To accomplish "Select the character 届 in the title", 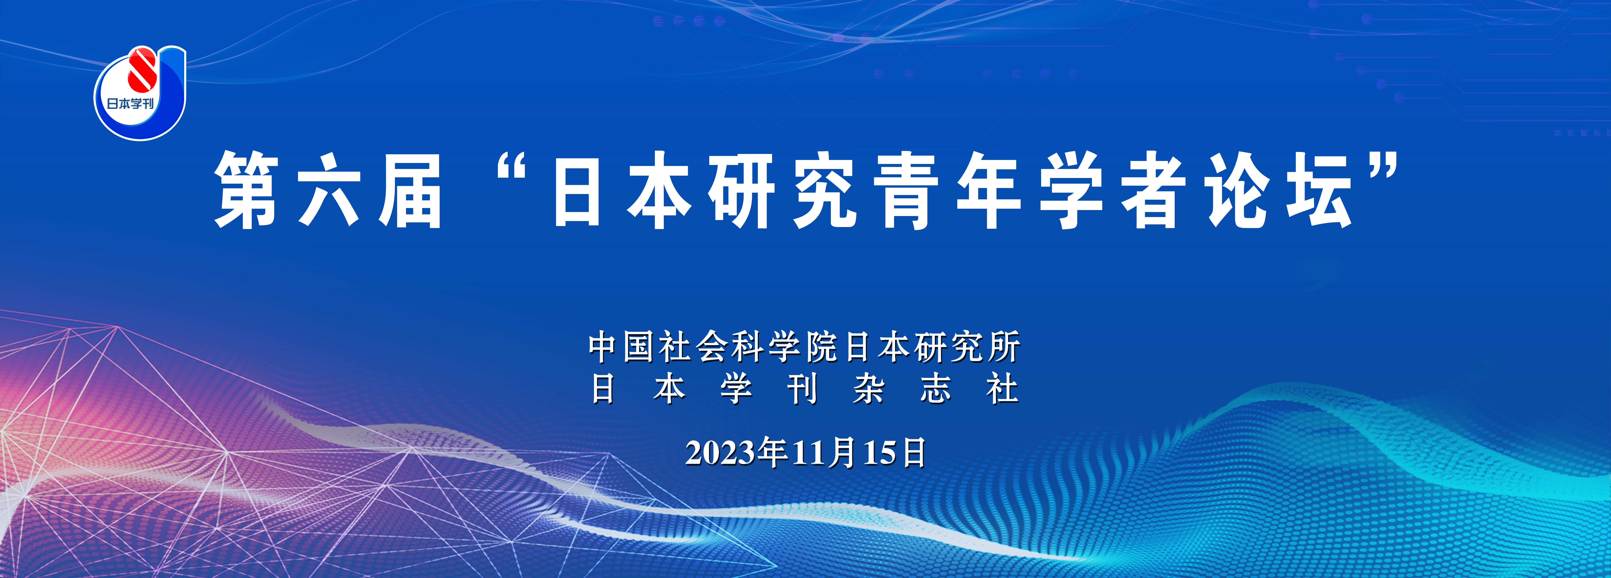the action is coord(410,191).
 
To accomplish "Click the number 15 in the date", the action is coord(879,453).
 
